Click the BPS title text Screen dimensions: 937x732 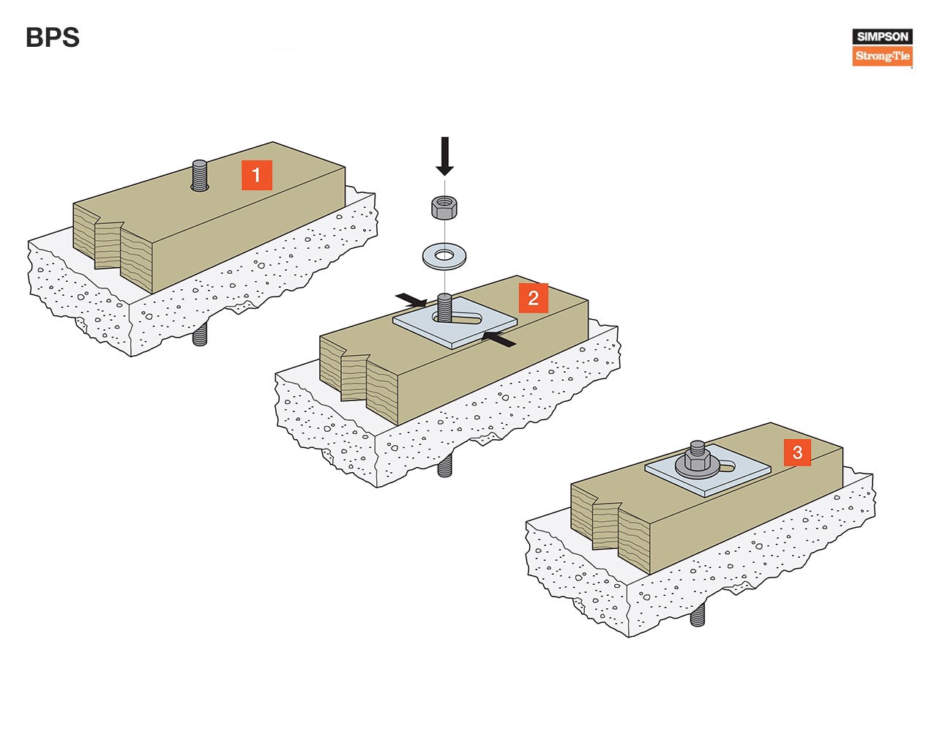pyautogui.click(x=53, y=37)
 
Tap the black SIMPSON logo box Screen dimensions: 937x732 pyautogui.click(x=882, y=36)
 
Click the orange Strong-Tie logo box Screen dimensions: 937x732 pyautogui.click(x=882, y=56)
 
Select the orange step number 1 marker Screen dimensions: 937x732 pyautogui.click(x=256, y=175)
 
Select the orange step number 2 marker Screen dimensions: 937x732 pyautogui.click(x=534, y=298)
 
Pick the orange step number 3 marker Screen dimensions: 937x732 pyautogui.click(x=797, y=452)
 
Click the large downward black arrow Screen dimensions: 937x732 pyautogui.click(x=444, y=156)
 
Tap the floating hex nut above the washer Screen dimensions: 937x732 pyautogui.click(x=444, y=206)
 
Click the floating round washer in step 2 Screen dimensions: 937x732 pyautogui.click(x=444, y=256)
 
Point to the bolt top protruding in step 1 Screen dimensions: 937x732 pyautogui.click(x=200, y=175)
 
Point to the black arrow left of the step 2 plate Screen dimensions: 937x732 pyautogui.click(x=411, y=300)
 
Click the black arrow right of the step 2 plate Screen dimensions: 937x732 pyautogui.click(x=499, y=339)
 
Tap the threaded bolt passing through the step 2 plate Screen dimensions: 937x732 pyautogui.click(x=444, y=307)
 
